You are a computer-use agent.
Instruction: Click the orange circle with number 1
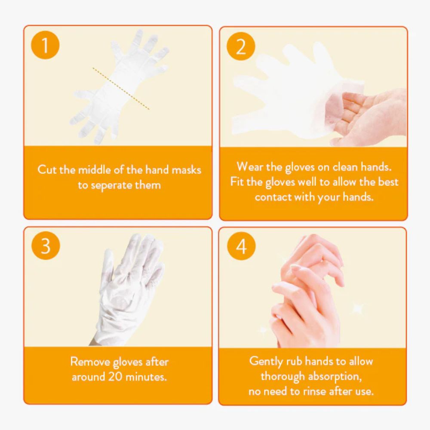pyautogui.click(x=45, y=45)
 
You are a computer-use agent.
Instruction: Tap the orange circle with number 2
pyautogui.click(x=241, y=46)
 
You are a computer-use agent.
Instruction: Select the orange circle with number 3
pyautogui.click(x=46, y=246)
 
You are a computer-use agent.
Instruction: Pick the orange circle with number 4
pyautogui.click(x=241, y=246)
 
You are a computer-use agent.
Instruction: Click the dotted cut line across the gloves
pyautogui.click(x=121, y=88)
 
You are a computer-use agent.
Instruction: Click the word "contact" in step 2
pyautogui.click(x=273, y=197)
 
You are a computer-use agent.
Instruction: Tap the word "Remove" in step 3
pyautogui.click(x=90, y=362)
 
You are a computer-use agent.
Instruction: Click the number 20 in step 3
pyautogui.click(x=115, y=377)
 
